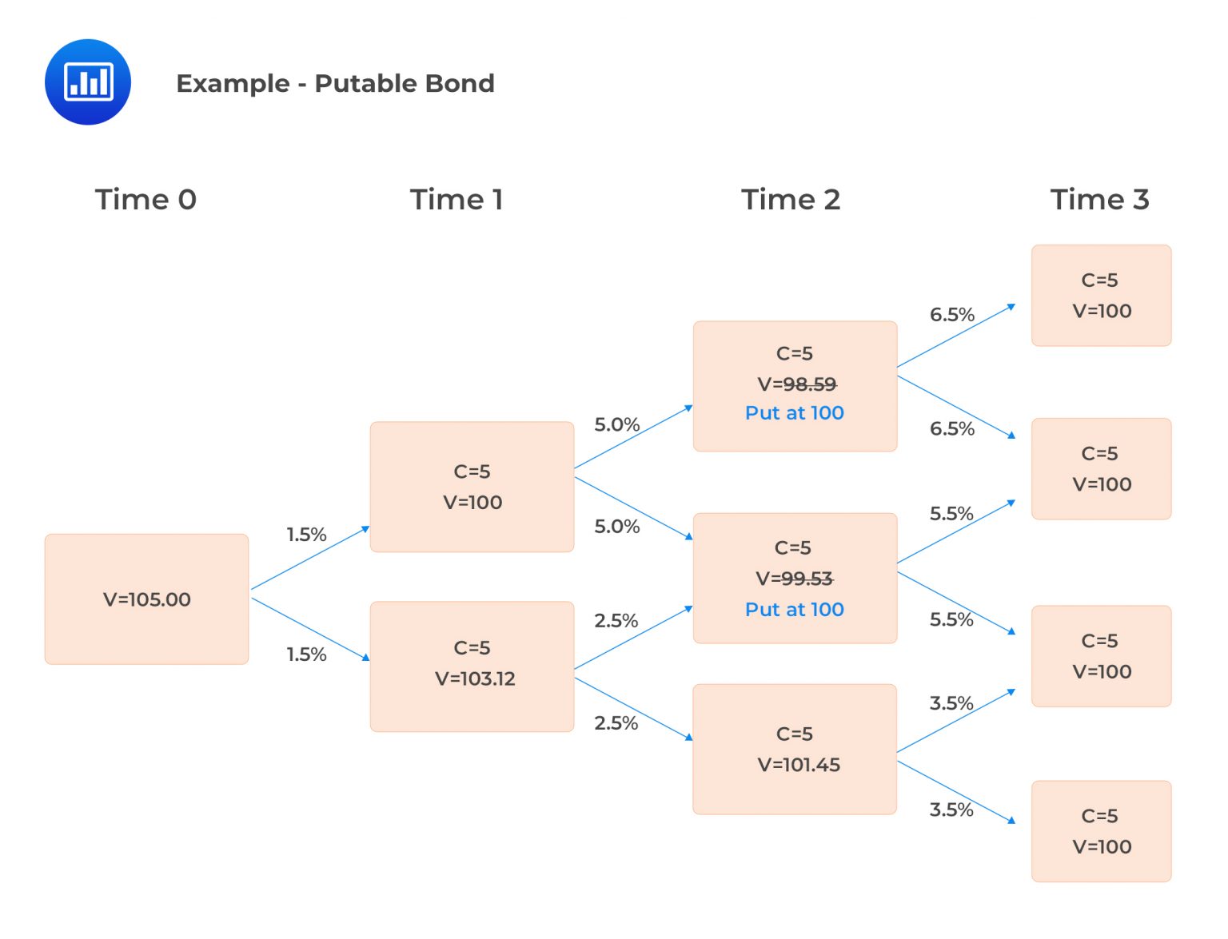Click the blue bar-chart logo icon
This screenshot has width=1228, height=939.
coord(88,82)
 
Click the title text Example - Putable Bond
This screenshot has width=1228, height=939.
coord(335,83)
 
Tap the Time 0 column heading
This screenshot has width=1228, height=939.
coord(146,199)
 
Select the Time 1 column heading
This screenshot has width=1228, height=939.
coord(457,199)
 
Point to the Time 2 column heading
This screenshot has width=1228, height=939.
coord(791,199)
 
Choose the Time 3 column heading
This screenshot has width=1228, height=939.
coord(1099,199)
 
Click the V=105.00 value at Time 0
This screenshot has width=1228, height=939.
coord(147,599)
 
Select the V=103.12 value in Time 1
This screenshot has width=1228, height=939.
coord(475,678)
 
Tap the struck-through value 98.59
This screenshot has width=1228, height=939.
coord(809,384)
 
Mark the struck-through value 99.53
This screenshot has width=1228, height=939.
coord(807,579)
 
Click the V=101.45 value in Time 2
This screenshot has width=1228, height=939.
coord(799,765)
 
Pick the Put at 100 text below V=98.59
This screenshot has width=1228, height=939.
coord(795,413)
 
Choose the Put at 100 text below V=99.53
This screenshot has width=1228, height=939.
coord(795,610)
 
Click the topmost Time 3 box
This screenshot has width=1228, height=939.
coord(1101,296)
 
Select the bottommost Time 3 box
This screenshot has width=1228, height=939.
coord(1101,831)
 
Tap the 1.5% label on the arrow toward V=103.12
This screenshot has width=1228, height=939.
coord(307,655)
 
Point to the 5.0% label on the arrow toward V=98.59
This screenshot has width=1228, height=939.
coord(616,424)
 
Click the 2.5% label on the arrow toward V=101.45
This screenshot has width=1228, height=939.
coord(616,723)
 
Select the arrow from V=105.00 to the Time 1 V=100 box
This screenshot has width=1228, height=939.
coord(310,558)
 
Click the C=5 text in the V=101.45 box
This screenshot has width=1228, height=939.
coord(795,734)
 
